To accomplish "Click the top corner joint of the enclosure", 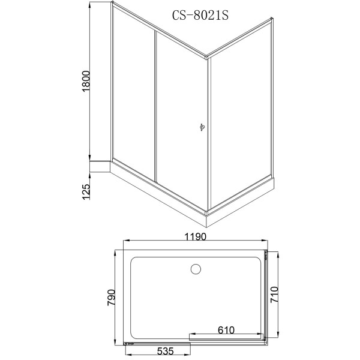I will click(x=208, y=58).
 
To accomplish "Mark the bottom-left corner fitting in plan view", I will click(x=127, y=343).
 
